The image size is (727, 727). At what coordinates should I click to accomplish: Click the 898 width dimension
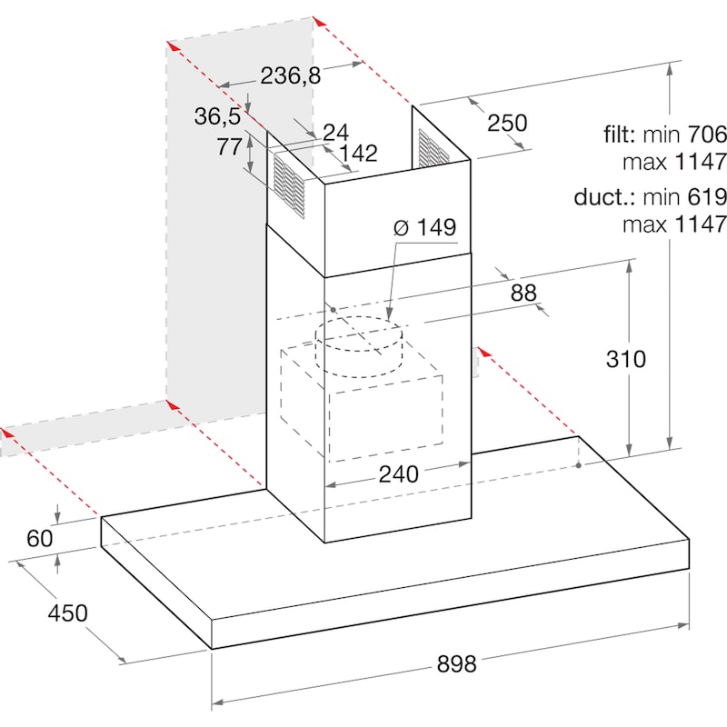tap(456, 664)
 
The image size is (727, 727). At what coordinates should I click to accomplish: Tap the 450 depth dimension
tap(67, 612)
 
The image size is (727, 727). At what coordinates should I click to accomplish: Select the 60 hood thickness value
tap(39, 538)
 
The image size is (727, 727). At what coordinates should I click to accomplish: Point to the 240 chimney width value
tap(398, 473)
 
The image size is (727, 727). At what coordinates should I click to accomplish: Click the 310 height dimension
tap(625, 359)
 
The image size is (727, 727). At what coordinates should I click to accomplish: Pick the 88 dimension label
tap(523, 293)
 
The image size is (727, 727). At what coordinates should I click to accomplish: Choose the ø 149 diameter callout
tap(424, 227)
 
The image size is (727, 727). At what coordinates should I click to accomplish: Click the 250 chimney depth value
tap(507, 123)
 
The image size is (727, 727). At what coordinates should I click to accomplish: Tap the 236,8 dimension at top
tap(290, 75)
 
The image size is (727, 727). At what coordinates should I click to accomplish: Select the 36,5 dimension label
tap(217, 116)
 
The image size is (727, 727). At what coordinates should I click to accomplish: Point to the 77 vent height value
tap(230, 147)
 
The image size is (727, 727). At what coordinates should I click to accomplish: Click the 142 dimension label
tap(358, 153)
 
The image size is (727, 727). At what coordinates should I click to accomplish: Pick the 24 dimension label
tap(335, 132)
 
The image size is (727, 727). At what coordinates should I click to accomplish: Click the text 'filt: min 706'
tap(665, 134)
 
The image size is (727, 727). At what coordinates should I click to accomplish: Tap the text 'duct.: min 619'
tap(650, 197)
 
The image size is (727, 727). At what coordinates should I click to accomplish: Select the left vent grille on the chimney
tap(289, 185)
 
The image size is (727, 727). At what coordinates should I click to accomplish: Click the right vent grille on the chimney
tap(433, 148)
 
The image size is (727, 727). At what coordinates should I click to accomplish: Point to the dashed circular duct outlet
tap(358, 346)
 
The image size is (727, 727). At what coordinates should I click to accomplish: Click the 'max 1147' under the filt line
tap(674, 162)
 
